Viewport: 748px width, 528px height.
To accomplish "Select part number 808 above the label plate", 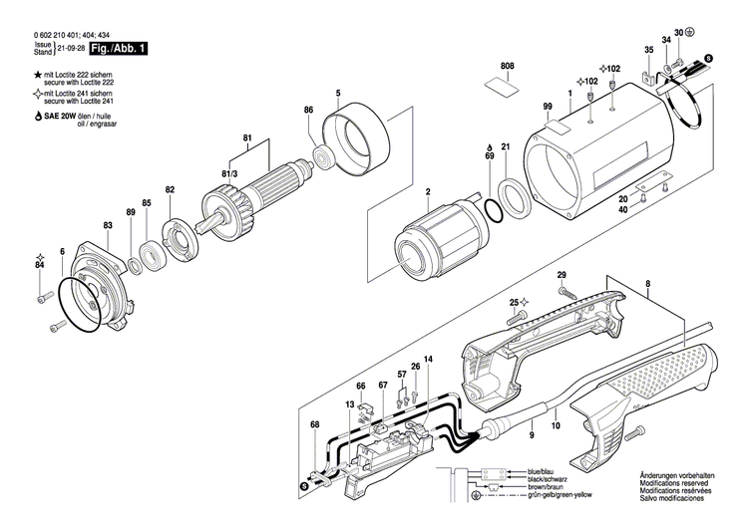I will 508,66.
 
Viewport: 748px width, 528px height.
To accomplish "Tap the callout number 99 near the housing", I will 548,107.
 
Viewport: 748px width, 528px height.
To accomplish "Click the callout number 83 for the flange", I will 108,227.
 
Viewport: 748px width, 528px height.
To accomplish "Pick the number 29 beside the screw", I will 561,275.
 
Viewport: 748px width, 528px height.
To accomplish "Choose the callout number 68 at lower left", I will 314,424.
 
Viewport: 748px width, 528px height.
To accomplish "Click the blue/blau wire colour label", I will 542,470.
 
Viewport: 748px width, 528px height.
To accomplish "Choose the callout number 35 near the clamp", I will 649,50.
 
